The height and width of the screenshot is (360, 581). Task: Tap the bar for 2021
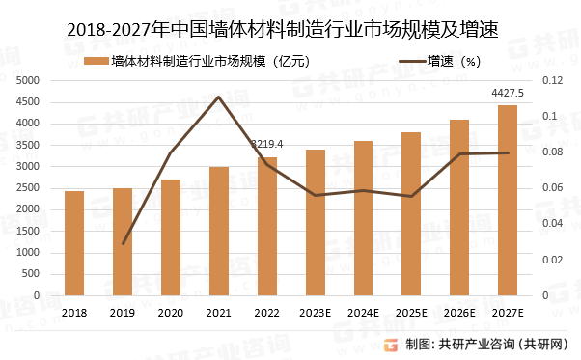click(x=219, y=232)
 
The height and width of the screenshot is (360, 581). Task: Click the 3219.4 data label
click(x=267, y=144)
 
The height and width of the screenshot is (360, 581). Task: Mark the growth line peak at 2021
click(x=219, y=97)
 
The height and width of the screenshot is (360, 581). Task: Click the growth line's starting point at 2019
click(x=124, y=243)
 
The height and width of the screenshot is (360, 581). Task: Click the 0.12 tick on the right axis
click(x=549, y=80)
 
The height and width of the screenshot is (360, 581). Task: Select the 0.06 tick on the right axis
click(x=549, y=188)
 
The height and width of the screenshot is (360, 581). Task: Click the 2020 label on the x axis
click(x=171, y=313)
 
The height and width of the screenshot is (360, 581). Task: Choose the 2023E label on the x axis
click(x=316, y=313)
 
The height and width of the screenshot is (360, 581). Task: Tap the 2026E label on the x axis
click(x=459, y=313)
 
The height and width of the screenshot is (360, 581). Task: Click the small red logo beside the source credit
click(x=392, y=345)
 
